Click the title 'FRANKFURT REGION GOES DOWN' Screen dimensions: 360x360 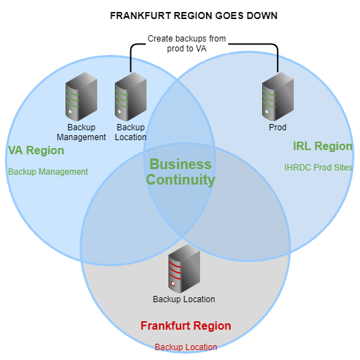coord(194,15)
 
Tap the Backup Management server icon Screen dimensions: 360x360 coord(81,97)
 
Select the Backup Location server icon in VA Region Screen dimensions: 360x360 coord(130,97)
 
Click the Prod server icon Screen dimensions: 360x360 coord(278,97)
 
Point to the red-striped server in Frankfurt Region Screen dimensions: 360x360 coord(184,268)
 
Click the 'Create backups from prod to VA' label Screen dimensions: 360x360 coord(187,44)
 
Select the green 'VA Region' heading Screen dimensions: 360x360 coord(36,150)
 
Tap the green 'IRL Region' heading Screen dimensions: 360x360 coord(323,146)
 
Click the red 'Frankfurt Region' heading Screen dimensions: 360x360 coord(186,325)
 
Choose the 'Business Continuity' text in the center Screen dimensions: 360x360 coord(180,172)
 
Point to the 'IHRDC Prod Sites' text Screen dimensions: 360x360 coord(318,168)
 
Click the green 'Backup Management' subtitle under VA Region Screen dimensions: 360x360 coord(48,172)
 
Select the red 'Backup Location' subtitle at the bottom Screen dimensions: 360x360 coord(186,347)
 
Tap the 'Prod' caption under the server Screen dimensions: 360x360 coord(278,128)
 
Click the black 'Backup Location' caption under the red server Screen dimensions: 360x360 coord(184,299)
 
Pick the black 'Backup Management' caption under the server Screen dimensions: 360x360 coord(81,132)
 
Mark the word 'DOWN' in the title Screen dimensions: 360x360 coord(262,15)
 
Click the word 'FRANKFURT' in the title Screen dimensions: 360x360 coord(141,15)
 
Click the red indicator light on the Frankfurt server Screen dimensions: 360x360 coord(173,283)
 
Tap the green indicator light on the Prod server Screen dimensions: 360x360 coord(267,112)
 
